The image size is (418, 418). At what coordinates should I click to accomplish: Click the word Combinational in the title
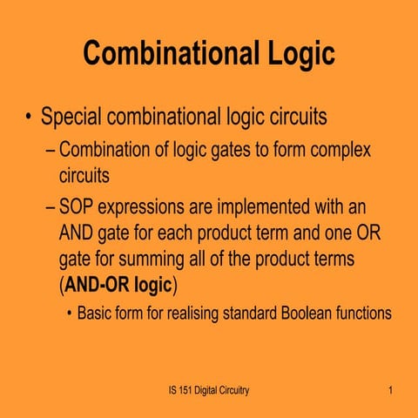[x=171, y=52]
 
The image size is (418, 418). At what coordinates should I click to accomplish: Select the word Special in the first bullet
[x=71, y=117]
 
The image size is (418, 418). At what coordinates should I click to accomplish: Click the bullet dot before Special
[x=28, y=116]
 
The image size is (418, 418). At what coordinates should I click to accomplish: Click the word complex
[x=340, y=151]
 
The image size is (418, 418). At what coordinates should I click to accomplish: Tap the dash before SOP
[x=51, y=208]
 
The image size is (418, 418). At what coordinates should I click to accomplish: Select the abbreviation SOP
[x=77, y=206]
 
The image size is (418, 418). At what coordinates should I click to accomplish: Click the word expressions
[x=141, y=208]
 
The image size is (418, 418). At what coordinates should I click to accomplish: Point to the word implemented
[x=263, y=207]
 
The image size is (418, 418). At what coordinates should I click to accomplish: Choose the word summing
[x=152, y=260]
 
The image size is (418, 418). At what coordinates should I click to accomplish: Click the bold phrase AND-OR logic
[x=118, y=285]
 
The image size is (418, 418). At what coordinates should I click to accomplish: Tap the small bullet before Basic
[x=69, y=313]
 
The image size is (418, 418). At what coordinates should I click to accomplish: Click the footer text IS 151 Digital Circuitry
[x=209, y=390]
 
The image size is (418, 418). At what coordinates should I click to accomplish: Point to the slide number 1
[x=391, y=390]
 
